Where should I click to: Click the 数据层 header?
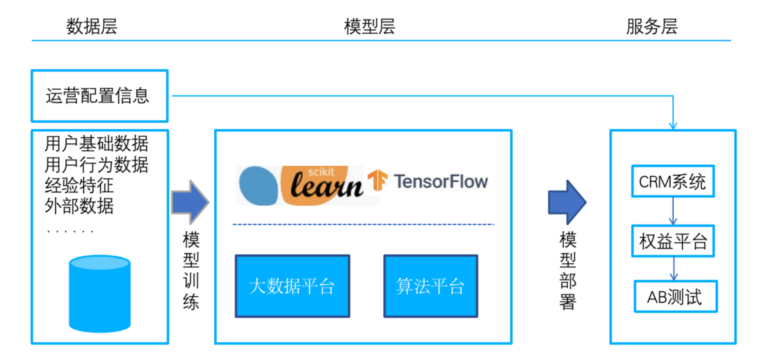91,27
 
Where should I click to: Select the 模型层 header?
370,27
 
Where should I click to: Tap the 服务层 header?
651,27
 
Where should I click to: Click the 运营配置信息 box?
99,95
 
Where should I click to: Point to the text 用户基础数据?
96,145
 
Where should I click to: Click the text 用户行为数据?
96,166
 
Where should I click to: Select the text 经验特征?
79,186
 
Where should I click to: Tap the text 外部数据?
79,206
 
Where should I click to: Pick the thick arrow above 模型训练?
190,201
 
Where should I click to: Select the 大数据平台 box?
292,286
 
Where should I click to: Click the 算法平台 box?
430,286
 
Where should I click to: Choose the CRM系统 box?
672,182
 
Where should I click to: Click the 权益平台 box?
673,242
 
